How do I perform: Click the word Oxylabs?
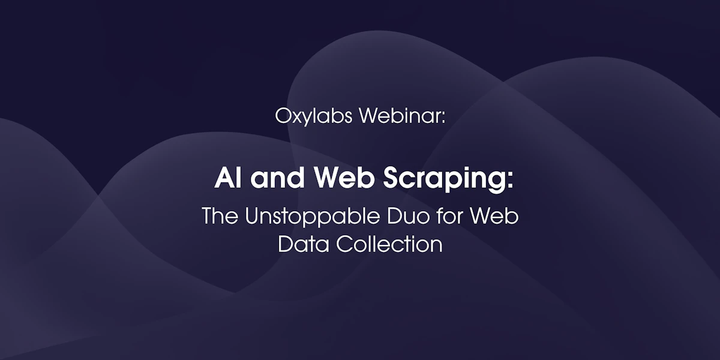(314, 116)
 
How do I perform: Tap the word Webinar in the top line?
(400, 115)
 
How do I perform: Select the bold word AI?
(228, 178)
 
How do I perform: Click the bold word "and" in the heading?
(277, 178)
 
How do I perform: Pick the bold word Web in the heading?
(344, 178)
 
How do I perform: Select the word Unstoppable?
(313, 217)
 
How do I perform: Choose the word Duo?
(408, 215)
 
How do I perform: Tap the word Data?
(304, 244)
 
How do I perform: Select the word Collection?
(389, 244)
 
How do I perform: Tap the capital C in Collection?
(344, 244)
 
